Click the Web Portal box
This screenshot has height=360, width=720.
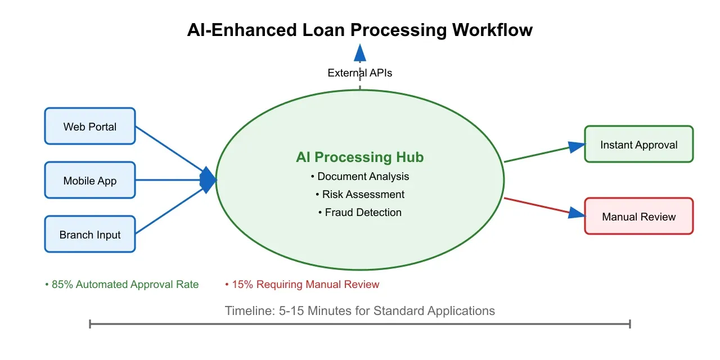90,126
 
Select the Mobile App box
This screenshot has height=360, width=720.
90,180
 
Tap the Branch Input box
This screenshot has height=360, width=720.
90,234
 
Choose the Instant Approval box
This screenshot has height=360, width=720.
638,145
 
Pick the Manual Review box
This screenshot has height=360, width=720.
638,216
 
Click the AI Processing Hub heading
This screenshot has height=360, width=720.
359,157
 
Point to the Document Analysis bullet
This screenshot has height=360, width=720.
360,177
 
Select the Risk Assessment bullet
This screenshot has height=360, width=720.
360,195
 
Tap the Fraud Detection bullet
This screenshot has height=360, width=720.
360,213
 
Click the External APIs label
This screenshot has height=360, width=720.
360,73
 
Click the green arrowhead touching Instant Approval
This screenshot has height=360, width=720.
577,147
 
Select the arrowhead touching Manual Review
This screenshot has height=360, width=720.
577,212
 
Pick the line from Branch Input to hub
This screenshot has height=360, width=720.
169,211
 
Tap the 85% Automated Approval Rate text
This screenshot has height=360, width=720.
122,285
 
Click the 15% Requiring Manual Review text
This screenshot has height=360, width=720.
302,285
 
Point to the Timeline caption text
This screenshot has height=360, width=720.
360,310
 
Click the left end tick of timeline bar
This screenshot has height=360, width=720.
90,323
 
